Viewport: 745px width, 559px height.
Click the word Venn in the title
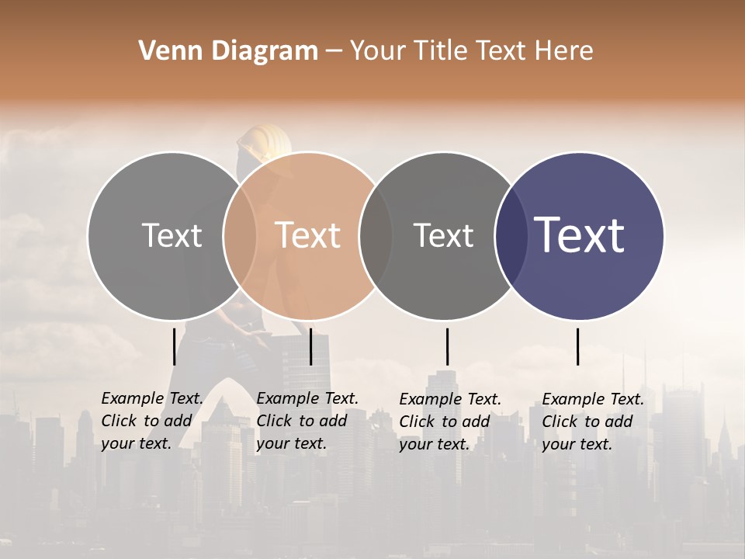click(167, 51)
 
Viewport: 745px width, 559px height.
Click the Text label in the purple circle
click(579, 235)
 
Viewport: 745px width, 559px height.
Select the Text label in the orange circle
click(307, 235)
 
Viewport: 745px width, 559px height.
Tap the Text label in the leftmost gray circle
click(172, 235)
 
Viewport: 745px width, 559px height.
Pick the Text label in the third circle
click(443, 235)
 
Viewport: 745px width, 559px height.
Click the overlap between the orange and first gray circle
click(240, 235)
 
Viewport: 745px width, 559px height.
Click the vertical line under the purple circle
click(578, 346)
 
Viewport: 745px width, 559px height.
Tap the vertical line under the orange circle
click(310, 346)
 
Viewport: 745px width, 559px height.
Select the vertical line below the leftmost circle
click(175, 346)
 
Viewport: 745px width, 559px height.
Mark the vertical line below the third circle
click(447, 346)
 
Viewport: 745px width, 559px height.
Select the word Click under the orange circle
click(275, 421)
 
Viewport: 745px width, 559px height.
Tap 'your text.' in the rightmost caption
click(577, 444)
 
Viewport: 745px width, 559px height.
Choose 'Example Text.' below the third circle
click(450, 399)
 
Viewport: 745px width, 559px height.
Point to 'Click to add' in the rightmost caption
click(587, 422)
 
